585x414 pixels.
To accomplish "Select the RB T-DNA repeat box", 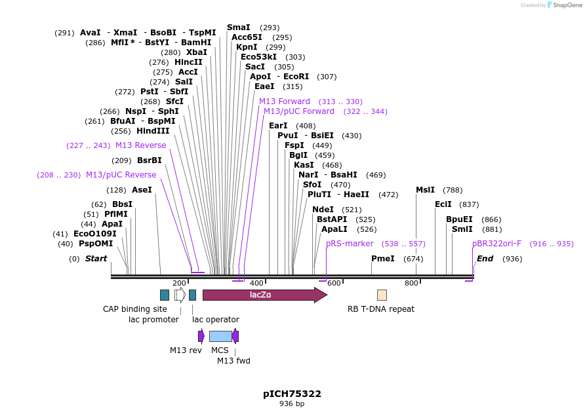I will (x=382, y=295).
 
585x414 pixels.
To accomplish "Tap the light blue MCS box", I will (x=220, y=336).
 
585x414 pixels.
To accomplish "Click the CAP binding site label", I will (x=135, y=309).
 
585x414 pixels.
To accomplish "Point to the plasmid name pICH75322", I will (x=292, y=394).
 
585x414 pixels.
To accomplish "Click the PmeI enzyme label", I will (x=383, y=259).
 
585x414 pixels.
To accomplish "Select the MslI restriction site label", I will (x=425, y=190).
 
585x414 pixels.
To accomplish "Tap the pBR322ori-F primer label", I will (x=496, y=244).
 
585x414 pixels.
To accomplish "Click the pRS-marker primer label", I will (x=350, y=244).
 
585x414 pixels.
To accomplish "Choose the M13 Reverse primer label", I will (x=141, y=145).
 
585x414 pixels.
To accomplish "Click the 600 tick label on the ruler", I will (x=334, y=283).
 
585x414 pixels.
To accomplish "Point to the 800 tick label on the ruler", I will (x=411, y=283).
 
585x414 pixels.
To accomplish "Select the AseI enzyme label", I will (x=142, y=190).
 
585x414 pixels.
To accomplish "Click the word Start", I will (x=96, y=259).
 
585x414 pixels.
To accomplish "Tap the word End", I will (x=485, y=259).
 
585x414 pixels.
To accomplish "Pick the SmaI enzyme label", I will (x=239, y=28).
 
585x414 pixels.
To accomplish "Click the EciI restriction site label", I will (x=443, y=204).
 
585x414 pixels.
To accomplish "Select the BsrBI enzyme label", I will (x=150, y=160).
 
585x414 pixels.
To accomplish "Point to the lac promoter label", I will (x=153, y=320).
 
